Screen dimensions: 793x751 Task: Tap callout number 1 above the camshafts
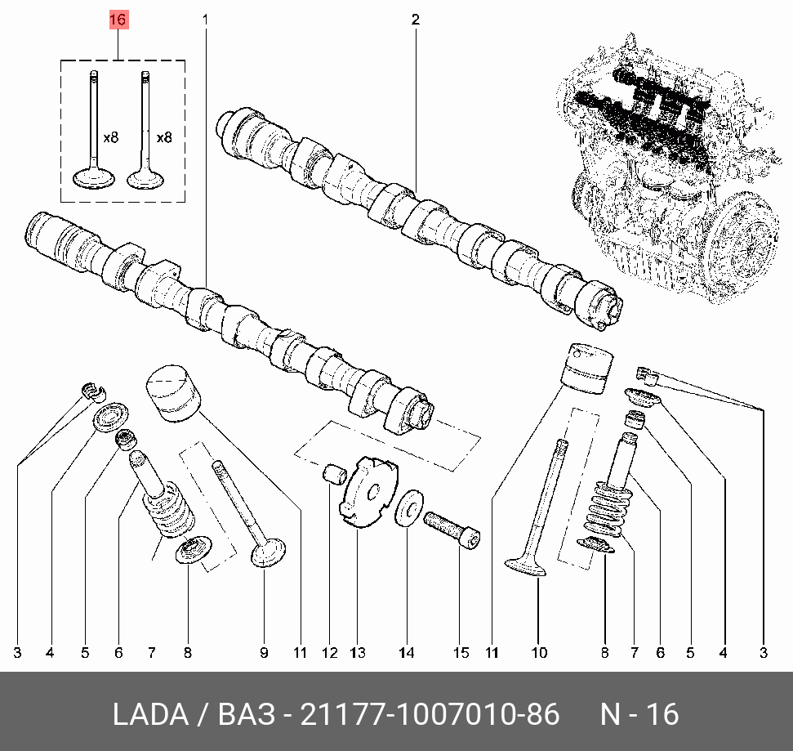(x=205, y=19)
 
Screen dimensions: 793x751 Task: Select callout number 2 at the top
(x=415, y=19)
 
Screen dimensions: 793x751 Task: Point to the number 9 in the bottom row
(x=264, y=652)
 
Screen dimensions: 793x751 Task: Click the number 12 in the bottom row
(x=329, y=652)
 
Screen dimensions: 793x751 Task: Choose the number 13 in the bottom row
(x=358, y=652)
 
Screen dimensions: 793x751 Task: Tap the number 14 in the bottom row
(x=407, y=652)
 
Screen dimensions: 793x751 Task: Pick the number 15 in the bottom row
(x=461, y=652)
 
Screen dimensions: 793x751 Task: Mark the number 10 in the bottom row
(x=539, y=652)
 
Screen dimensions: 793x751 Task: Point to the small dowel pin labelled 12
(x=333, y=473)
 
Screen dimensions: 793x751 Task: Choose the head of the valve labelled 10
(x=523, y=565)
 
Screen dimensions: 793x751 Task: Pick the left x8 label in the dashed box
(x=111, y=138)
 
